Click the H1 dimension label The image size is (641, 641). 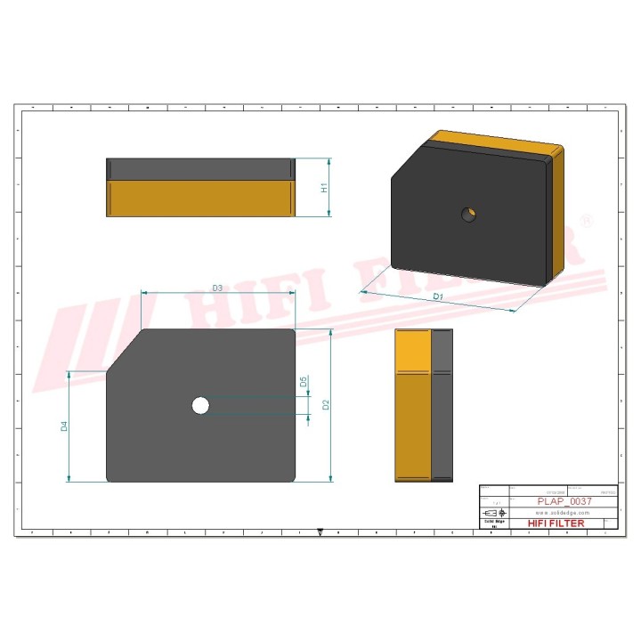tap(326, 188)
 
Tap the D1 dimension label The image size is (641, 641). tap(437, 296)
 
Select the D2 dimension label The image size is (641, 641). tap(327, 405)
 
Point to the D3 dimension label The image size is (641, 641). tap(216, 288)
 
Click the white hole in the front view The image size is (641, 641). tap(200, 406)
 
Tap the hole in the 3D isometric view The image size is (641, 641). tap(469, 214)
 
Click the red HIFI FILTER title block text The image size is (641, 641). tap(556, 523)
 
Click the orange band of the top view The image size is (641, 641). tap(199, 198)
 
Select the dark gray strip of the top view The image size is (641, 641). tap(199, 169)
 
